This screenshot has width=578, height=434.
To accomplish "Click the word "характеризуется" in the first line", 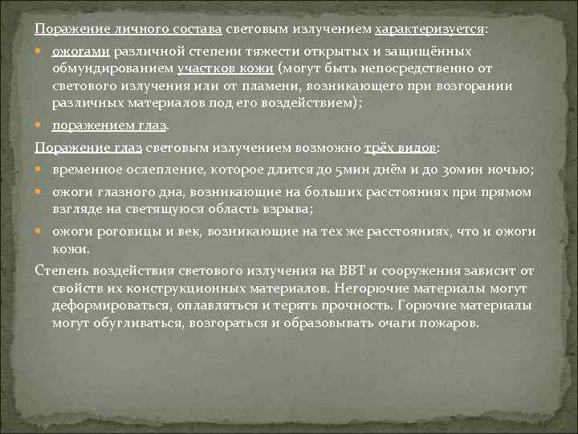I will (429, 30).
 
